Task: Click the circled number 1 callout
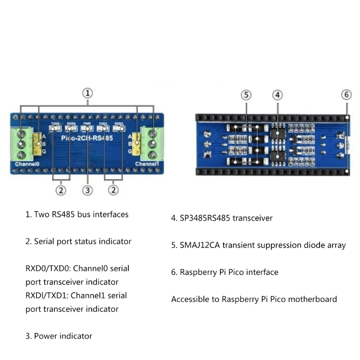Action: point(88,93)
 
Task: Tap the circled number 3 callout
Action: point(88,190)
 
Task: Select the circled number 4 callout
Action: point(278,95)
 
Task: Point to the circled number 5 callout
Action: point(246,95)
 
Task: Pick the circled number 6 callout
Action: point(346,95)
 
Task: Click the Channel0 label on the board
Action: point(27,164)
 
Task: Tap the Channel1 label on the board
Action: point(148,164)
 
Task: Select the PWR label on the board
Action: point(87,123)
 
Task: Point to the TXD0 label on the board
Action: point(55,123)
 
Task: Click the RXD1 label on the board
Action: point(119,123)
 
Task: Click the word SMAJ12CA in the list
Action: point(200,245)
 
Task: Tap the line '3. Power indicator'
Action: point(58,336)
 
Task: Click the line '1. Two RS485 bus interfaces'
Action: point(76,215)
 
